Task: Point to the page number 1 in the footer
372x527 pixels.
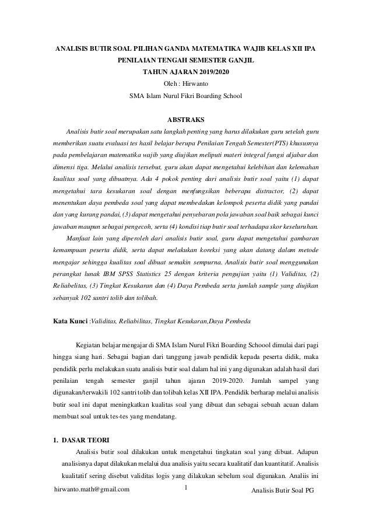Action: (185, 487)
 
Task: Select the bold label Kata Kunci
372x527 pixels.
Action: (71, 321)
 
